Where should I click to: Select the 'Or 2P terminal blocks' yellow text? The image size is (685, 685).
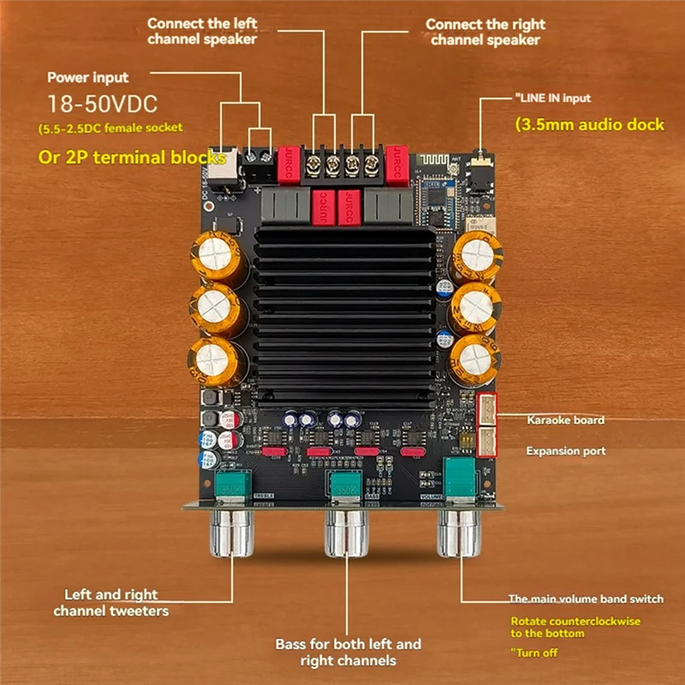click(x=132, y=158)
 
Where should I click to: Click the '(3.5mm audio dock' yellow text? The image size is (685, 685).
click(x=589, y=125)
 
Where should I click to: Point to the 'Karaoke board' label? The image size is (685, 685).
click(x=565, y=420)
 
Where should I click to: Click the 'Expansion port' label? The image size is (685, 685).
click(x=565, y=451)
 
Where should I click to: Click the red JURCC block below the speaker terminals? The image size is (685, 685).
click(x=348, y=207)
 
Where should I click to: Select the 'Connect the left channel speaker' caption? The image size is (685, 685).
click(x=202, y=31)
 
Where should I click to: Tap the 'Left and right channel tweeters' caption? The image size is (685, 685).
click(x=111, y=602)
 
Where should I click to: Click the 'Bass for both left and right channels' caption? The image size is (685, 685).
click(x=348, y=652)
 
